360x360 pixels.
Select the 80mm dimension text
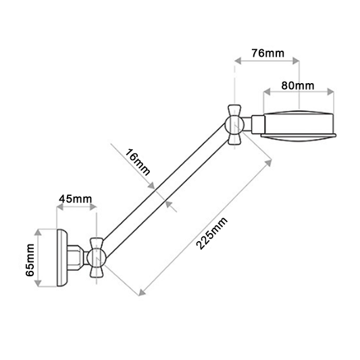pos(297,85)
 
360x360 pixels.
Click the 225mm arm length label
pos(212,233)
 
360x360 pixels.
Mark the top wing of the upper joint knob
pos(234,109)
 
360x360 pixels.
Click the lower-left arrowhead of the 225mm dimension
pos(141,292)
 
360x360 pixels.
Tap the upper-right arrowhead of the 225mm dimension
pos(271,161)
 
